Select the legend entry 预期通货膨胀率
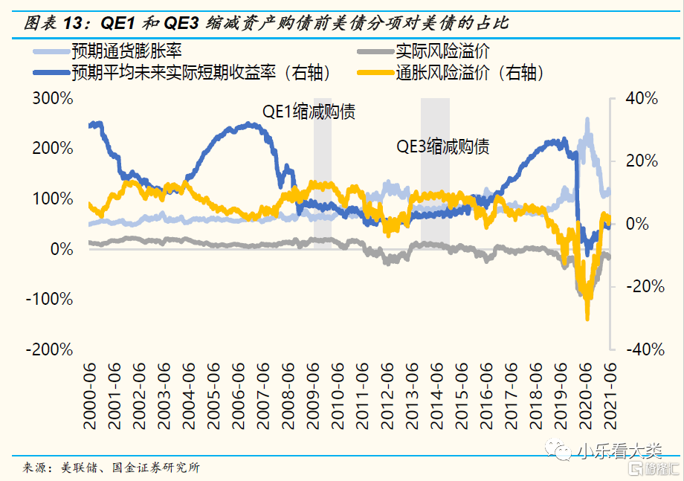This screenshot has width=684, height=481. tap(126, 52)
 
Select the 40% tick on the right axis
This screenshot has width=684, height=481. tap(641, 98)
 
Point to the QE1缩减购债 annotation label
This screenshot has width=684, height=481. tap(309, 112)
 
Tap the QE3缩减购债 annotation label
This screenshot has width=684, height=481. tap(442, 146)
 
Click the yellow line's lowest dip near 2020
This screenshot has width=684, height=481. tap(587, 317)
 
